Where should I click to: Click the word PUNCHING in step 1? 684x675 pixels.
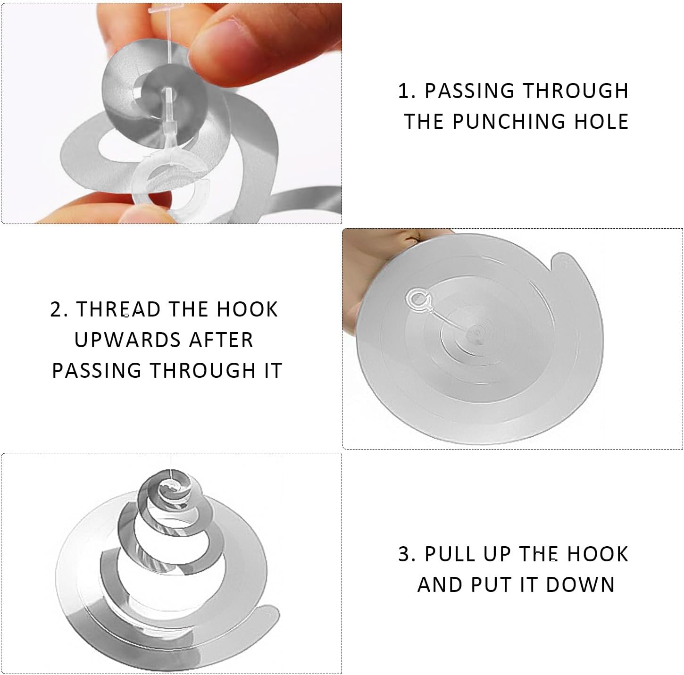coord(509,121)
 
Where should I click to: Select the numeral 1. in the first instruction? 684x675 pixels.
coord(407,91)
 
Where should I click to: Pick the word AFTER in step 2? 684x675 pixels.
coord(221,340)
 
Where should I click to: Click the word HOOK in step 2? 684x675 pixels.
coord(247,309)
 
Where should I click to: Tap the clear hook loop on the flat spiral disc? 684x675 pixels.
coord(417,300)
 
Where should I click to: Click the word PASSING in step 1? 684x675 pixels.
coord(469,91)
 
